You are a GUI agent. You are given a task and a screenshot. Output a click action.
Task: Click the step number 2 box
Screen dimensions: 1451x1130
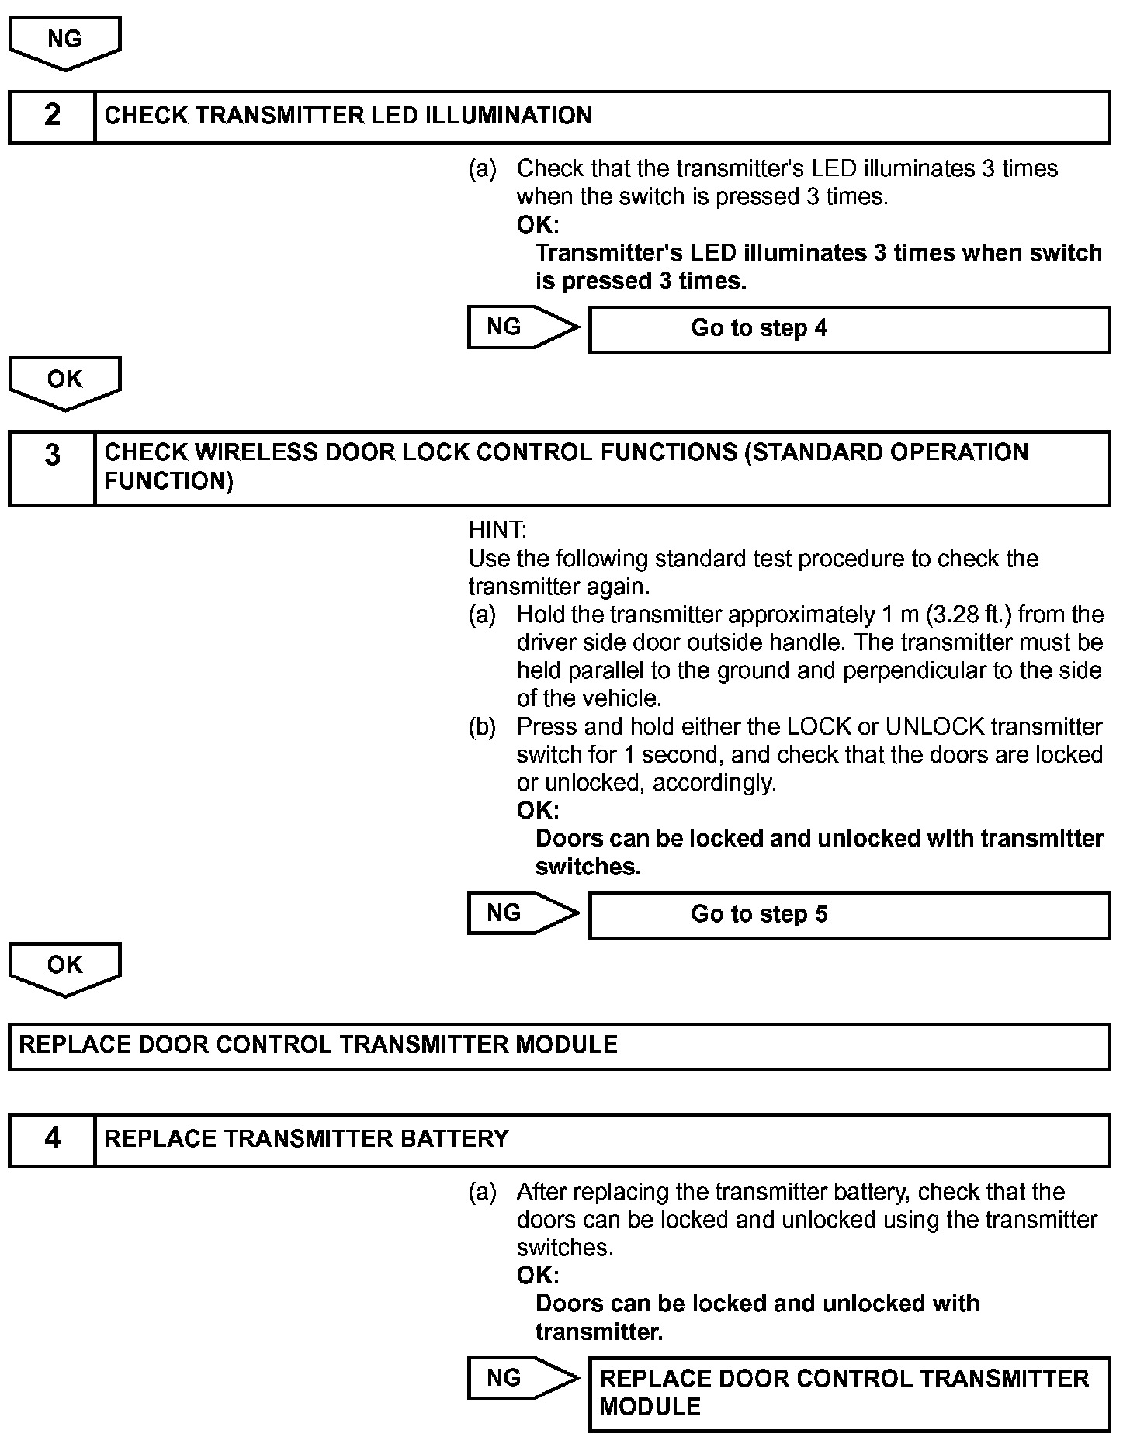tap(52, 116)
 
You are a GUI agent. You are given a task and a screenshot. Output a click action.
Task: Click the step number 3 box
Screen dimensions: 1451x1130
tap(52, 468)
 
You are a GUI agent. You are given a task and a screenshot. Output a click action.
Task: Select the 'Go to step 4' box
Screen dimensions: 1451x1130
tap(849, 329)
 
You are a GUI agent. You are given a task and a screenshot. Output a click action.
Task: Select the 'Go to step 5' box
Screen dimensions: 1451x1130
tap(849, 915)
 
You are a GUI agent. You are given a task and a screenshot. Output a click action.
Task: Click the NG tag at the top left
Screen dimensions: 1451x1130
tap(64, 40)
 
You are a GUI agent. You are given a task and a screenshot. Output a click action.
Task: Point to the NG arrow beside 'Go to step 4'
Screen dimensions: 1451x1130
tap(522, 327)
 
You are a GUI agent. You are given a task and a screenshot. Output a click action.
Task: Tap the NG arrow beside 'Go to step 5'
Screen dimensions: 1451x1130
tap(522, 913)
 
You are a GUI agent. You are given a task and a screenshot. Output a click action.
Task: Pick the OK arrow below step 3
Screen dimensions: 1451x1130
tap(64, 966)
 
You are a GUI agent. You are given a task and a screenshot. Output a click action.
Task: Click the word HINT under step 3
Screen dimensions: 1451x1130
tap(497, 531)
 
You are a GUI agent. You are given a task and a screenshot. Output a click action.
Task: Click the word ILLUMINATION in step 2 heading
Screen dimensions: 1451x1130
tap(508, 116)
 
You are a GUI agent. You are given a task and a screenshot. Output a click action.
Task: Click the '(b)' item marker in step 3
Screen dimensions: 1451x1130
tap(482, 727)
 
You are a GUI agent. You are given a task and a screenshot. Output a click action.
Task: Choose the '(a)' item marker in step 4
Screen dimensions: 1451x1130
tap(482, 1192)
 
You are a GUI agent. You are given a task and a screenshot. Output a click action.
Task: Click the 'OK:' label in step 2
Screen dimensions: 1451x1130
tap(538, 225)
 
